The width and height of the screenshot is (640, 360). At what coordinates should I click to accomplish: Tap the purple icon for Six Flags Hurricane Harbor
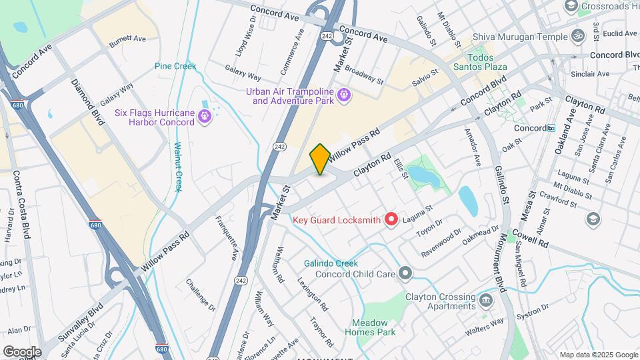tap(205, 117)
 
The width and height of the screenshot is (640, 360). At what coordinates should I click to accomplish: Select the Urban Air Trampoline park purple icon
tap(343, 96)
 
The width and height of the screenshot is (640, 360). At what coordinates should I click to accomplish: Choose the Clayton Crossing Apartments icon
tap(487, 301)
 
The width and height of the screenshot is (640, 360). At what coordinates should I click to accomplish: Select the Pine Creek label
tap(175, 66)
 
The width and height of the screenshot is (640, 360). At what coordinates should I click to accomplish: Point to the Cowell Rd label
tap(531, 238)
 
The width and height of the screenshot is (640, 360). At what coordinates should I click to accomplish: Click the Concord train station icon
tap(551, 127)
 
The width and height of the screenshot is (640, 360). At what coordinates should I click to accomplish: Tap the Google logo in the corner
tap(22, 352)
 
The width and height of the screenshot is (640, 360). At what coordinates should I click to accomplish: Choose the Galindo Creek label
tap(331, 263)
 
